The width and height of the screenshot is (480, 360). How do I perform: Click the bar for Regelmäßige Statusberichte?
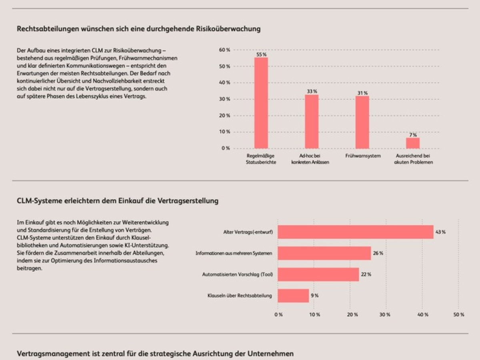point(261,103)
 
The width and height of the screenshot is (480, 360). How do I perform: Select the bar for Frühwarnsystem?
point(362,122)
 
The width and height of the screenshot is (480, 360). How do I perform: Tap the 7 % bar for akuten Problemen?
point(413,143)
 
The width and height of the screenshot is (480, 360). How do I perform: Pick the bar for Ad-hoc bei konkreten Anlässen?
point(312,121)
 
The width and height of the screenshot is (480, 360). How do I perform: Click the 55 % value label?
point(261,54)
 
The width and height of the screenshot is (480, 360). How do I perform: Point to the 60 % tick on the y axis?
point(224,50)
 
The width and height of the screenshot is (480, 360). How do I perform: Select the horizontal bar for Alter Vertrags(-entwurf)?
point(355,232)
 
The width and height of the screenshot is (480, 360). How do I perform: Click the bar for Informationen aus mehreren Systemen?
point(324,253)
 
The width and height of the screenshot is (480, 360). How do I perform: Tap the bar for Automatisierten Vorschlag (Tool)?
point(318,274)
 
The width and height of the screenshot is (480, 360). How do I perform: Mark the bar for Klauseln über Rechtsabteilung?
point(293,296)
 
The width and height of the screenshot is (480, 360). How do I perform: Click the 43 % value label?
point(440,232)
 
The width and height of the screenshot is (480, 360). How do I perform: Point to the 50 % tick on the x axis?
point(459,315)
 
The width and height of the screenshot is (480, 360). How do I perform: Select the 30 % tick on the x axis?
point(385,315)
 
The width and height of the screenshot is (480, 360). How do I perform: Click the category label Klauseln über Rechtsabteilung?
point(240,296)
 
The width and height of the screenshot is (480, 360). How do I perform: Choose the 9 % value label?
point(314,296)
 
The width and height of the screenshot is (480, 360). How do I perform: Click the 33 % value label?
point(312,92)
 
